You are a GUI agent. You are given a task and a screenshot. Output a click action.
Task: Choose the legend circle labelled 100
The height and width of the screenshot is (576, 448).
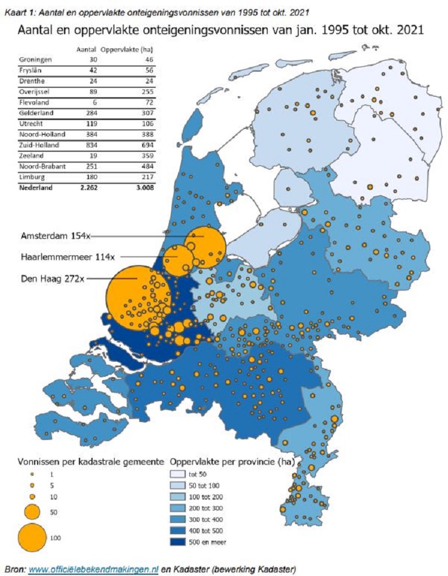click(x=32, y=537)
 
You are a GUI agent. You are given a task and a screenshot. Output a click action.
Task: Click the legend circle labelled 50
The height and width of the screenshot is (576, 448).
click(x=32, y=512)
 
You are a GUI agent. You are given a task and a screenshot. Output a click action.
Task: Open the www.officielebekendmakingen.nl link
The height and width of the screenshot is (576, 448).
click(x=94, y=568)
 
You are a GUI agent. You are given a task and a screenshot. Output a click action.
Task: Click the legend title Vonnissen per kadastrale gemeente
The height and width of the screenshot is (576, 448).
click(x=84, y=461)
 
